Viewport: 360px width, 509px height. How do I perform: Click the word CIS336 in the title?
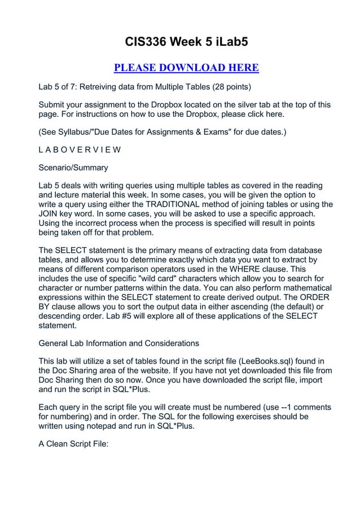145,42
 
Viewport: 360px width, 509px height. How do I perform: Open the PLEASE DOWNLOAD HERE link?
186,68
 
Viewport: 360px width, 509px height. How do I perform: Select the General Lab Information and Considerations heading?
118,343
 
